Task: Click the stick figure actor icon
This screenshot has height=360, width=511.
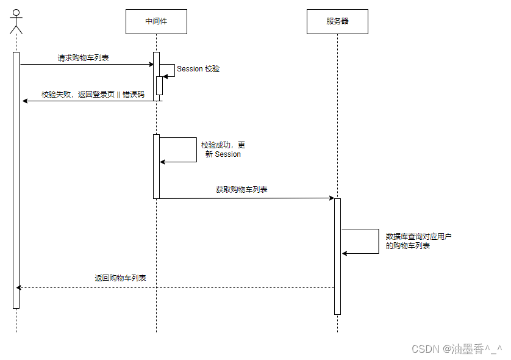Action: (16, 21)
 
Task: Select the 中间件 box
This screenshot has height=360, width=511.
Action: (155, 21)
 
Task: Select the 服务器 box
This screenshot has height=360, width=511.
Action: (337, 21)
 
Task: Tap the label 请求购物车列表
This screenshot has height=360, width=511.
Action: (84, 58)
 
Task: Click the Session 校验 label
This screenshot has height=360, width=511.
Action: (198, 69)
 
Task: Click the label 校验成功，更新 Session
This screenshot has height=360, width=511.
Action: (223, 149)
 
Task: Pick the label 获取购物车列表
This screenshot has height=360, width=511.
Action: (241, 190)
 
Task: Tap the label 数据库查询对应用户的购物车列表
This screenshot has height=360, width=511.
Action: (419, 241)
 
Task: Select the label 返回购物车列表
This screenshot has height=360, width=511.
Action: (120, 278)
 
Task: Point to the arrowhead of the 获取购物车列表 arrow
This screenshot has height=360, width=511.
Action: (331, 198)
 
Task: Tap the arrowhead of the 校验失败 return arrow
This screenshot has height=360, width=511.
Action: (25, 101)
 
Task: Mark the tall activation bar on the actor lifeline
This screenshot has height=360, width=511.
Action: (16, 180)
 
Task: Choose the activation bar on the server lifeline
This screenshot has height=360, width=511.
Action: (337, 256)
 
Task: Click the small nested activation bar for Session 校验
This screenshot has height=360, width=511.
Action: (159, 85)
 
